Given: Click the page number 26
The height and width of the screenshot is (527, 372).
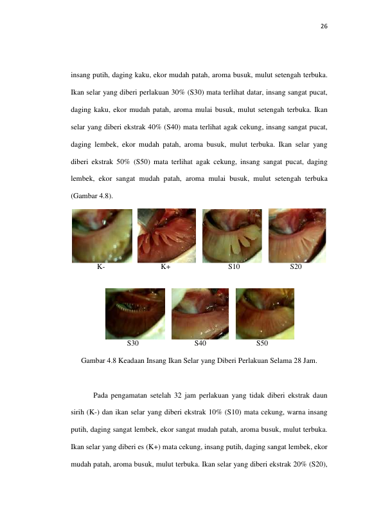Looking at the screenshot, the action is pos(324,26).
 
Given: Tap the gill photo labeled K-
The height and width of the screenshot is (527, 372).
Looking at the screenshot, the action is pos(102,236).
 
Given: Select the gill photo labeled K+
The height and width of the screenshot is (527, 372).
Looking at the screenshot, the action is pos(166,236).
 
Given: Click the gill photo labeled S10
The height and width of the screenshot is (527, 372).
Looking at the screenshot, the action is pos(232,236).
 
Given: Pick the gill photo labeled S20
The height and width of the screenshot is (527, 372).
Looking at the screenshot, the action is pos(297,236).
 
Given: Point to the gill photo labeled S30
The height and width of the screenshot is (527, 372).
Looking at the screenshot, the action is pos(135,313).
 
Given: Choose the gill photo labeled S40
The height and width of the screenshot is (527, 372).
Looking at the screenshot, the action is pos(200,313).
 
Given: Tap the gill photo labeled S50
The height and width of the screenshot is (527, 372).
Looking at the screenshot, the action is pos(265,313).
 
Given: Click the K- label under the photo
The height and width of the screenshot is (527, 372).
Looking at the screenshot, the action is pos(101,267).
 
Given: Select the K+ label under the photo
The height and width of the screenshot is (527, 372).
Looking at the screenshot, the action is pos(165,267).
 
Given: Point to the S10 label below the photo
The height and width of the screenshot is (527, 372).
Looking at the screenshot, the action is pos(234,267).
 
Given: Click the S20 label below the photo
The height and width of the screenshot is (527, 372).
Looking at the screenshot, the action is pos(296,267).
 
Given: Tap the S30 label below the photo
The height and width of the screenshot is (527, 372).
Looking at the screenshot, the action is pos(133,343).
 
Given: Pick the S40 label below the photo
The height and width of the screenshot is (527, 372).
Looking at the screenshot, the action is pos(200,343).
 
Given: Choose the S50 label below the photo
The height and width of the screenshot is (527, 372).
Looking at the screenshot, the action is pos(262,343).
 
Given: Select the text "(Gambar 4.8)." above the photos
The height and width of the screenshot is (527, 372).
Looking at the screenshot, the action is pos(92,196).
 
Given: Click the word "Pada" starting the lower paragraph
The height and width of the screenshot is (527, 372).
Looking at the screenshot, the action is pos(100,396).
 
